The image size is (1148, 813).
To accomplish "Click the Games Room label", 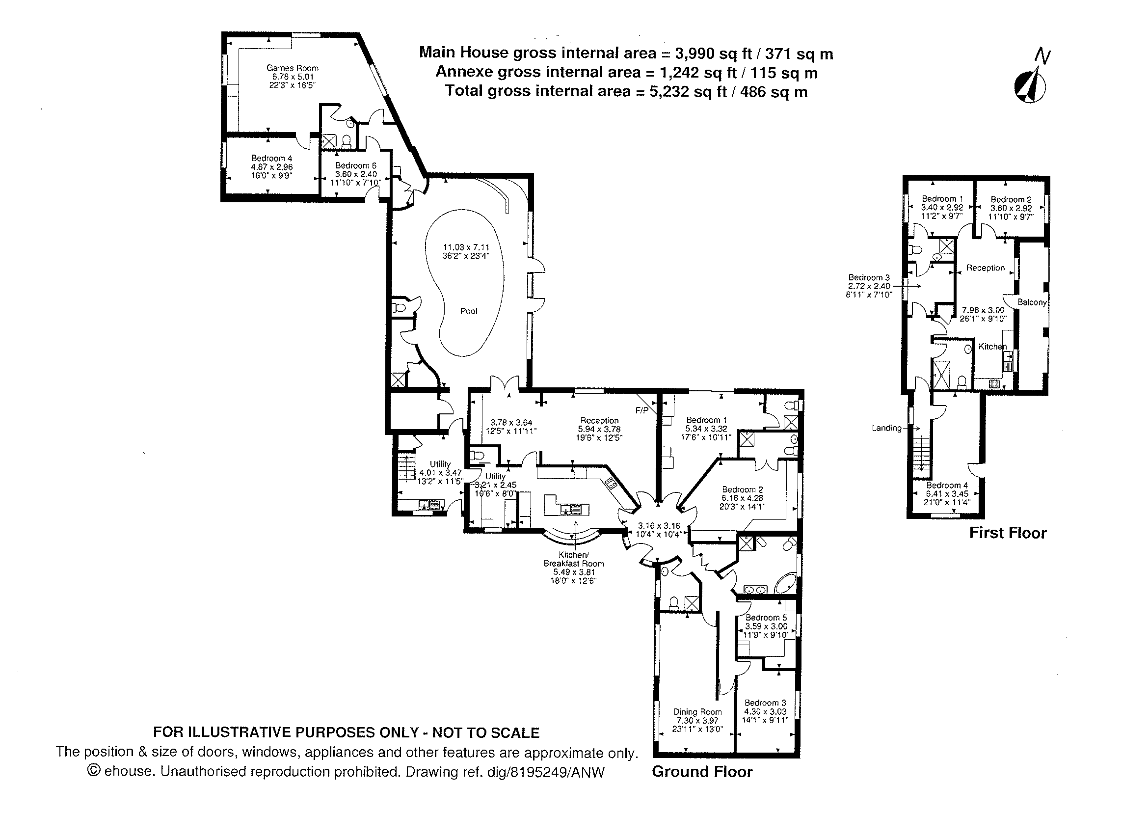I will click(292, 68).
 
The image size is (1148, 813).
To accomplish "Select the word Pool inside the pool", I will click(468, 311).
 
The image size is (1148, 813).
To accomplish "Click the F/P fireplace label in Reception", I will click(641, 410).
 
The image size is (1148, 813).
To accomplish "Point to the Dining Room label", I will click(697, 712).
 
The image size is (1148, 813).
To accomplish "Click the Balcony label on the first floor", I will click(1032, 302).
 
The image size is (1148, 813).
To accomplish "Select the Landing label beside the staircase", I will click(886, 428).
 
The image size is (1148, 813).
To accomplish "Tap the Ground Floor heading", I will click(702, 771).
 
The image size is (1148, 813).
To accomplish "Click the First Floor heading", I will click(1007, 533).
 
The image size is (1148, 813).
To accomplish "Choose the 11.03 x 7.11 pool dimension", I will click(466, 247).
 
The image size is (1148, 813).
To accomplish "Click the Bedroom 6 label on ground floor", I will click(355, 166).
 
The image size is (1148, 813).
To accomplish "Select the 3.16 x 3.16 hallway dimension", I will click(659, 526).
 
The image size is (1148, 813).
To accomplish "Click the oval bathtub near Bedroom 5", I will click(785, 584).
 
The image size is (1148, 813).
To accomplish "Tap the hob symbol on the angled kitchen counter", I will click(611, 483).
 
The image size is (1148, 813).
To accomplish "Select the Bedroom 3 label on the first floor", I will click(869, 277).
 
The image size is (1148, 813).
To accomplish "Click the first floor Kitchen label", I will click(992, 347).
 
